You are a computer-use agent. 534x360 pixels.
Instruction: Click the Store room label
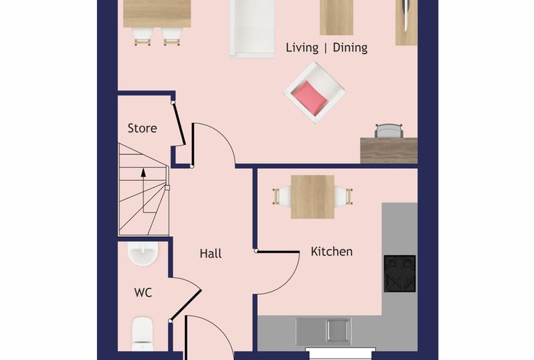coord(143,128)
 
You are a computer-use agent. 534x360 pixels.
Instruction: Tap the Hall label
coord(211,253)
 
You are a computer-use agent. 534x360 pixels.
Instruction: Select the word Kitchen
coord(332,252)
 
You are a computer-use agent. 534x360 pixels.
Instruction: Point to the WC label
coord(143,292)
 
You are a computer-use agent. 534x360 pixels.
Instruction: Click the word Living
coord(302,48)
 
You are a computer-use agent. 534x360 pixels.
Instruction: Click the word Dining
coord(350,48)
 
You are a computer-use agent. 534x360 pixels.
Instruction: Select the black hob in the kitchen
coord(400,274)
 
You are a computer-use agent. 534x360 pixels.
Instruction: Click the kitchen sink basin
coord(337,330)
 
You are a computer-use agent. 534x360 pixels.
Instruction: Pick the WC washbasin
coord(143,254)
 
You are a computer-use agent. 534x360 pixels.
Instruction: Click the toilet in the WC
coord(143,334)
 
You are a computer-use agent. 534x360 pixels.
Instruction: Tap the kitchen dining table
coord(312,197)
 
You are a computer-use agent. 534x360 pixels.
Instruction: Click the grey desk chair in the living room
coord(389,131)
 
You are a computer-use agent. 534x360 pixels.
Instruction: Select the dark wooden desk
coord(389,150)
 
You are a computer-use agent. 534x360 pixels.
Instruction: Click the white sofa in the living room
coord(252,28)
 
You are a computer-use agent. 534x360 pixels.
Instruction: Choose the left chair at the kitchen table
coord(281,197)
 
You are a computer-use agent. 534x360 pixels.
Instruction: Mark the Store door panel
coord(178,124)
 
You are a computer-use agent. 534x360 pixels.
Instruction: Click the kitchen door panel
coord(278,252)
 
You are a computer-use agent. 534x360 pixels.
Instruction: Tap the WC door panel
coord(185,305)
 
